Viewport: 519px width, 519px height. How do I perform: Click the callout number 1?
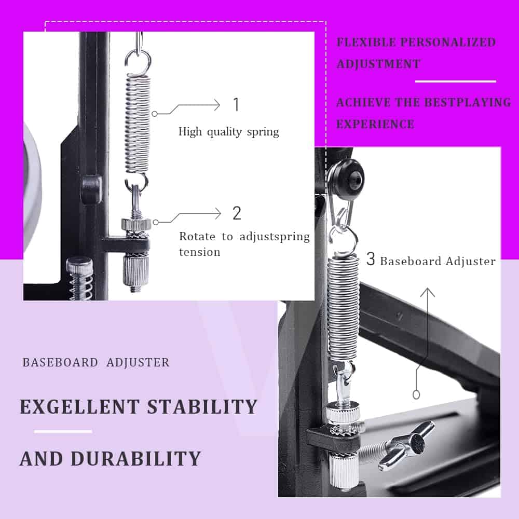[236, 104]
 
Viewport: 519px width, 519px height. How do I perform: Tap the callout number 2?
[237, 213]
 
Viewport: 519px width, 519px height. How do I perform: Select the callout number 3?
[371, 259]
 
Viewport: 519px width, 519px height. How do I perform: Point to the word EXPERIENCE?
[375, 124]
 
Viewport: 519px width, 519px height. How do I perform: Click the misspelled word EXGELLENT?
[79, 406]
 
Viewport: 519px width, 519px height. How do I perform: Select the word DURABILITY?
[135, 458]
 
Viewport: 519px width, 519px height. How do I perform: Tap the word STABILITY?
[202, 406]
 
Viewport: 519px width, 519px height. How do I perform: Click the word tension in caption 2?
[200, 252]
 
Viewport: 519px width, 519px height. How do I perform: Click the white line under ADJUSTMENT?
[456, 81]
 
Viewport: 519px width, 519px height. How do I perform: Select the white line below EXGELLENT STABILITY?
[63, 431]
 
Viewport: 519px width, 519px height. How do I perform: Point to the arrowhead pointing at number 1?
[217, 105]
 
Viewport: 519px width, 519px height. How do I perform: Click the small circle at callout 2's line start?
[156, 222]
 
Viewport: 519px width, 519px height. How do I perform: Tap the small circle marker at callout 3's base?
[417, 394]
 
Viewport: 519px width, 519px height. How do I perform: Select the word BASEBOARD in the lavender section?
[60, 362]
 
